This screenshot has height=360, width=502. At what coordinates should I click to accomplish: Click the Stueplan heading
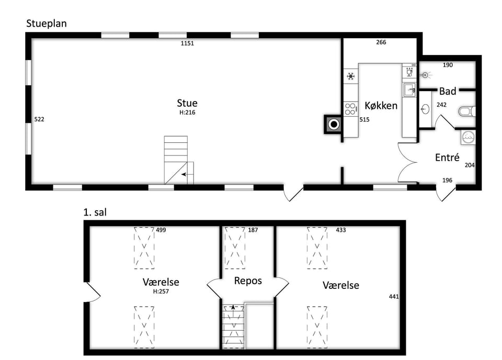click(x=47, y=24)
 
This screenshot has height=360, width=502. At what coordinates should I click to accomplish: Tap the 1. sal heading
click(x=95, y=212)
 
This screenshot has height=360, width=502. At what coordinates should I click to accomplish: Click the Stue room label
click(x=187, y=103)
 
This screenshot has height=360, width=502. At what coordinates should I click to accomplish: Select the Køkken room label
click(x=381, y=106)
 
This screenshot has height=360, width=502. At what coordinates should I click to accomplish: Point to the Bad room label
click(x=448, y=91)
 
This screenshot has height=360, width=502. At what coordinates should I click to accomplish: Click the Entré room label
click(x=447, y=157)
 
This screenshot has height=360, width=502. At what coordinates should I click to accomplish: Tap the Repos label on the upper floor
click(x=248, y=281)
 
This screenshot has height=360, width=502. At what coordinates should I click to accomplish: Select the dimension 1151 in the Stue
click(x=187, y=43)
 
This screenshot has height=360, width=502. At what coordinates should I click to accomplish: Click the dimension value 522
click(x=39, y=119)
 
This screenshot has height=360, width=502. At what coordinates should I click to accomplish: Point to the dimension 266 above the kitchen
click(x=381, y=42)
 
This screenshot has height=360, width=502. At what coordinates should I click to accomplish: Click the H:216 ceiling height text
click(x=187, y=113)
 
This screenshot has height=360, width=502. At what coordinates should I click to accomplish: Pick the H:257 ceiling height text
click(x=161, y=291)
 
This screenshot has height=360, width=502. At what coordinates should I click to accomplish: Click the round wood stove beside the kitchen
click(x=334, y=124)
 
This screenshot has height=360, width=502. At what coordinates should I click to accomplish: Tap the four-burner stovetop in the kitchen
click(x=350, y=109)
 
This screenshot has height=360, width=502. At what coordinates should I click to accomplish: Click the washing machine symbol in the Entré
click(x=469, y=137)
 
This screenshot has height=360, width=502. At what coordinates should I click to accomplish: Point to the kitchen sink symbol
click(x=409, y=90)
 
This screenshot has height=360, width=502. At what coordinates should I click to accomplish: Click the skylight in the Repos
click(x=235, y=248)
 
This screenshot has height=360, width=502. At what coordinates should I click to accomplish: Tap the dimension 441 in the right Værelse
click(x=394, y=297)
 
